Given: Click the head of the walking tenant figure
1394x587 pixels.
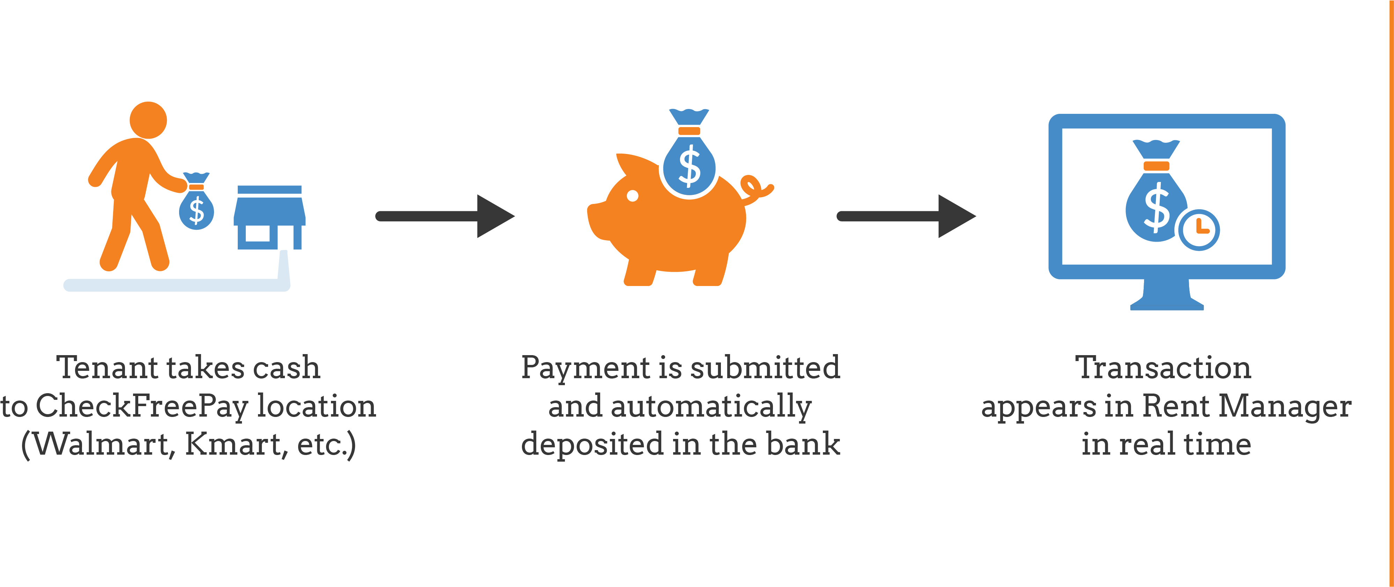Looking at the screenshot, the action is coord(148,120).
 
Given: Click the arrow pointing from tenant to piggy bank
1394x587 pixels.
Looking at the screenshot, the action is coord(445,216).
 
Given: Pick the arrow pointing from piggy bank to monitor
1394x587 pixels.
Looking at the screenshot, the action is coord(906,216).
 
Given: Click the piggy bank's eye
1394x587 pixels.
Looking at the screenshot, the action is coord(633,196).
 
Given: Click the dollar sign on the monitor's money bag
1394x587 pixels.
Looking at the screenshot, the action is coord(1157,208).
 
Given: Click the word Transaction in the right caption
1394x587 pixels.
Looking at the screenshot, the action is coord(1163,368).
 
